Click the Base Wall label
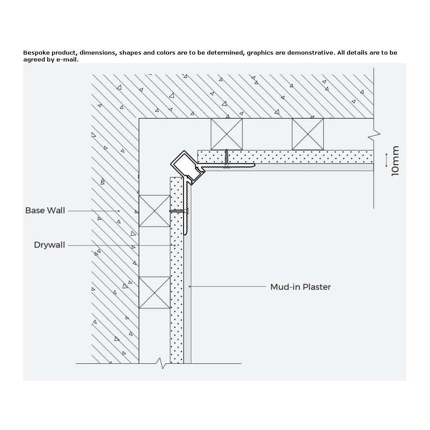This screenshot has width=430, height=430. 45,210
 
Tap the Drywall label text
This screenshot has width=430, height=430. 49,245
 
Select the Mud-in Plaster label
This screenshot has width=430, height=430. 301,287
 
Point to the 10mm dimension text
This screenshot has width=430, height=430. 395,161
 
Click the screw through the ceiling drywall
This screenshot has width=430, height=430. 227,159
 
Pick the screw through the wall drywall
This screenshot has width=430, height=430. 179,211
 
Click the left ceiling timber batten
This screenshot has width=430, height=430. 227,134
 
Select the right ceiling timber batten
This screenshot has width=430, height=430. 308,134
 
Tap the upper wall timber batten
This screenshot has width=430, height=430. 154,211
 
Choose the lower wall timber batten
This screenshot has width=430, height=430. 154,292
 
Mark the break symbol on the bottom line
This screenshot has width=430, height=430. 161,363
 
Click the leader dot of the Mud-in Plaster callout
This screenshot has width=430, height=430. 190,286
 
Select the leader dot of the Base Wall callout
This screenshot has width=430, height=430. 119,211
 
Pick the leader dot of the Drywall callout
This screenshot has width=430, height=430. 175,245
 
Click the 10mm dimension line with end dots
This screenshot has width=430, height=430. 387,160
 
